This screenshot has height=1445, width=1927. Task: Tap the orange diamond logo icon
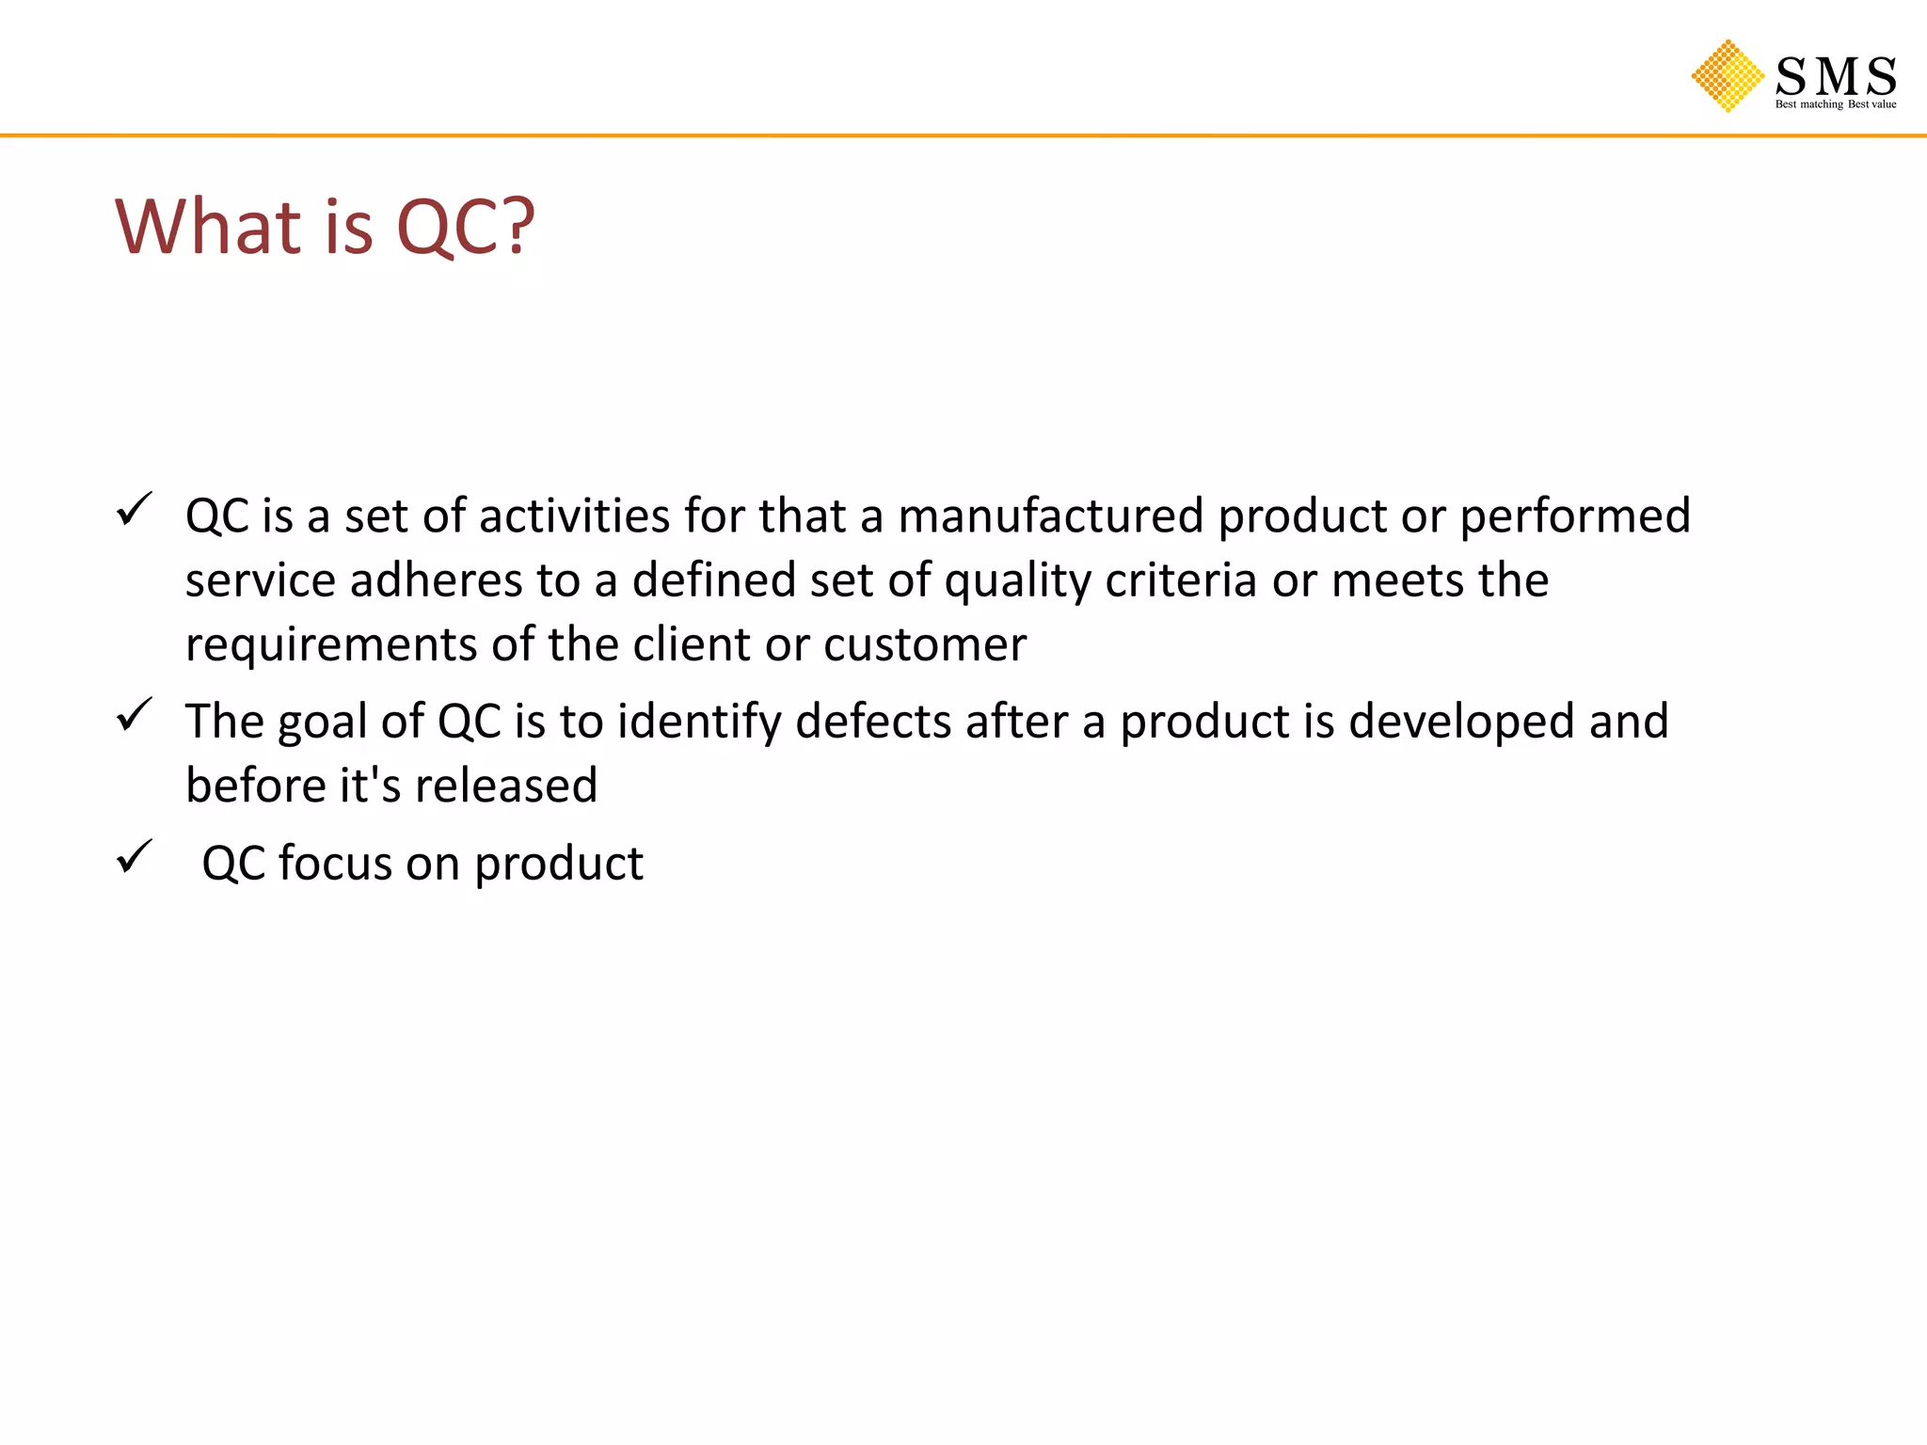[1728, 76]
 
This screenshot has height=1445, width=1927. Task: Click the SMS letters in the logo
[1835, 75]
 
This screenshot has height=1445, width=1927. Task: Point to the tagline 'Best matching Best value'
[1835, 104]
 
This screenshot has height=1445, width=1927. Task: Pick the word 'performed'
[1574, 516]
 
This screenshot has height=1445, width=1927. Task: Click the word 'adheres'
[436, 580]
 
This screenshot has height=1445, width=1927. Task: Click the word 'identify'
[699, 722]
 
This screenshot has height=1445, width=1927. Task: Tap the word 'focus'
[334, 863]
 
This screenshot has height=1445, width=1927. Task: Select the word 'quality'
[1017, 581]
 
